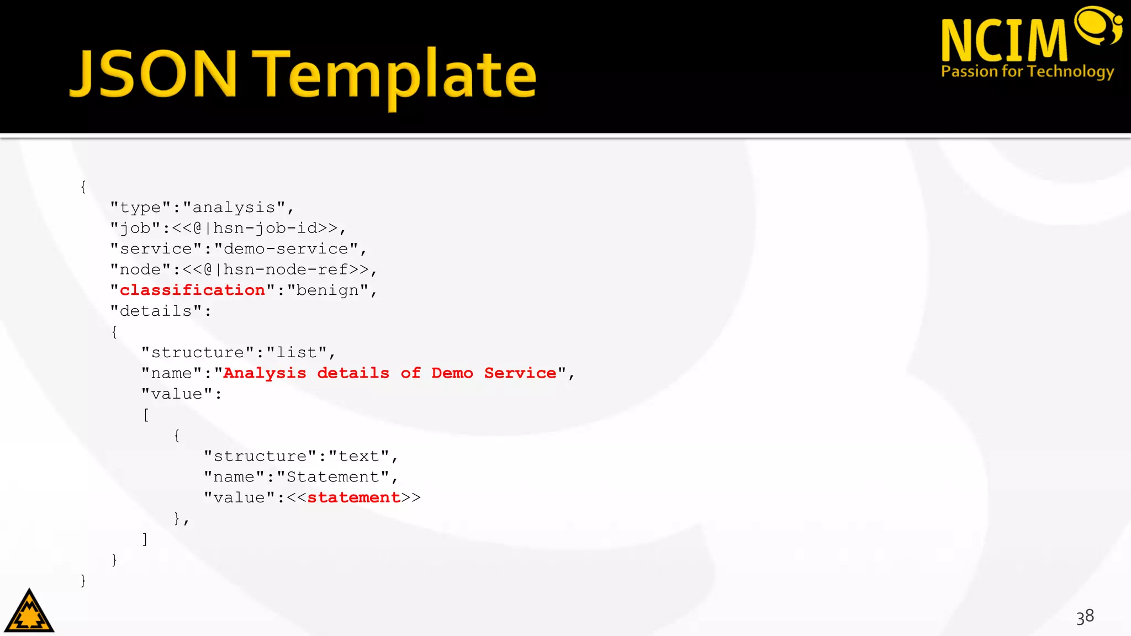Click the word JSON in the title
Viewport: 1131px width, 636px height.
[154, 74]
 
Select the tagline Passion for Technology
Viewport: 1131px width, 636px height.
[1027, 72]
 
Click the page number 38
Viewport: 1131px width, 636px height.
[1085, 617]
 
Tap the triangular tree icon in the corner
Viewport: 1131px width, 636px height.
[29, 611]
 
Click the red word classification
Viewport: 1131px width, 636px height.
[192, 290]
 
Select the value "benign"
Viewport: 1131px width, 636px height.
[328, 290]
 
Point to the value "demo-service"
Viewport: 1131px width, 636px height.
[286, 249]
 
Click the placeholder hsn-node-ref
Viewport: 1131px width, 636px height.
[286, 269]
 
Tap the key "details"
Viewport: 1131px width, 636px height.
[156, 311]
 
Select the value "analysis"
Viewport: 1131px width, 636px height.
[234, 208]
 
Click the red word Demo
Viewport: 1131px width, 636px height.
[452, 373]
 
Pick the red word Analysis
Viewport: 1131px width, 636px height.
[265, 373]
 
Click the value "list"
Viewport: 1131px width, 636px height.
[297, 353]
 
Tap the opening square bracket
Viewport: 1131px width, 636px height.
[146, 415]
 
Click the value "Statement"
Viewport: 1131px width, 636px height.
[333, 477]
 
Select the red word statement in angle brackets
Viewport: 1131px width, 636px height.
[353, 497]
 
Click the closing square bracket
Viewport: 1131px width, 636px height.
[145, 539]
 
